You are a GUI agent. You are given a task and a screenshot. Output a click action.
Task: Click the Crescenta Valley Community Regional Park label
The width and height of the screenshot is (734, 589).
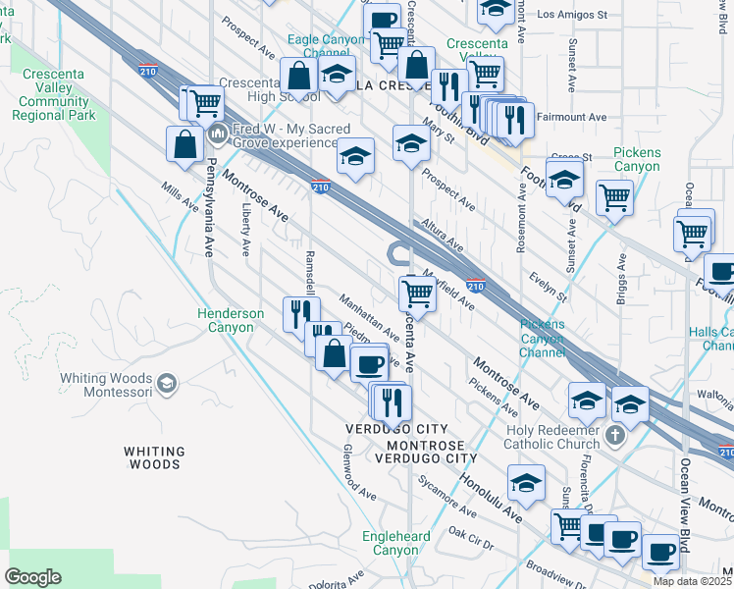[x=54, y=94]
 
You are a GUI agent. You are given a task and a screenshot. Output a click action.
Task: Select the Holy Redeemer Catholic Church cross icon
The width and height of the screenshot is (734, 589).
[x=615, y=435]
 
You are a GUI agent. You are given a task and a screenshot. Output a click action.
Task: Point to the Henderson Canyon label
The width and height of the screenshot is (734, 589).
[x=231, y=320]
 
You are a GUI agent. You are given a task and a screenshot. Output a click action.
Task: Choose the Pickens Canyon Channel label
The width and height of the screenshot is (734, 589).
[x=543, y=338]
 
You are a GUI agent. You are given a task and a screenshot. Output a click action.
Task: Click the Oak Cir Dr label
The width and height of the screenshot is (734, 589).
[x=470, y=538]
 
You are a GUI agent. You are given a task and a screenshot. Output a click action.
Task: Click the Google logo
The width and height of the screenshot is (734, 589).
[x=32, y=576]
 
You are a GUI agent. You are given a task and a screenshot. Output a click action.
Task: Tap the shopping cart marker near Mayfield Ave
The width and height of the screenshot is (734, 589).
[x=418, y=293]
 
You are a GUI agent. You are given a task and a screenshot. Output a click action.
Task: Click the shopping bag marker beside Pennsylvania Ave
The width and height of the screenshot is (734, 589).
[x=184, y=143]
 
